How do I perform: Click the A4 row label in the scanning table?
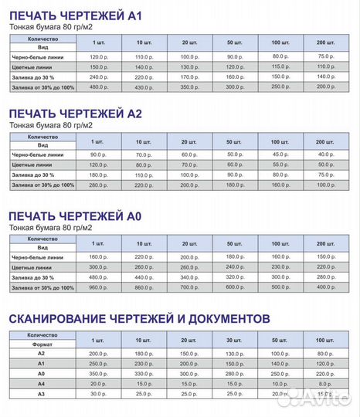(41, 384)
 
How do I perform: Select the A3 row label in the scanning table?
(41, 395)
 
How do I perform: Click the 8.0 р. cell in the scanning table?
(325, 384)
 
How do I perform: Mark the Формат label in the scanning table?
(41, 344)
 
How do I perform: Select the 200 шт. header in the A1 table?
(325, 41)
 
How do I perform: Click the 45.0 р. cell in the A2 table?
(280, 154)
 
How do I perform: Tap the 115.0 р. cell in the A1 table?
(280, 66)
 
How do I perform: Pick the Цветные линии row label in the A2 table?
(40, 164)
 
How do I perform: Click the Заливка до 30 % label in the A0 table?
(40, 276)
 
